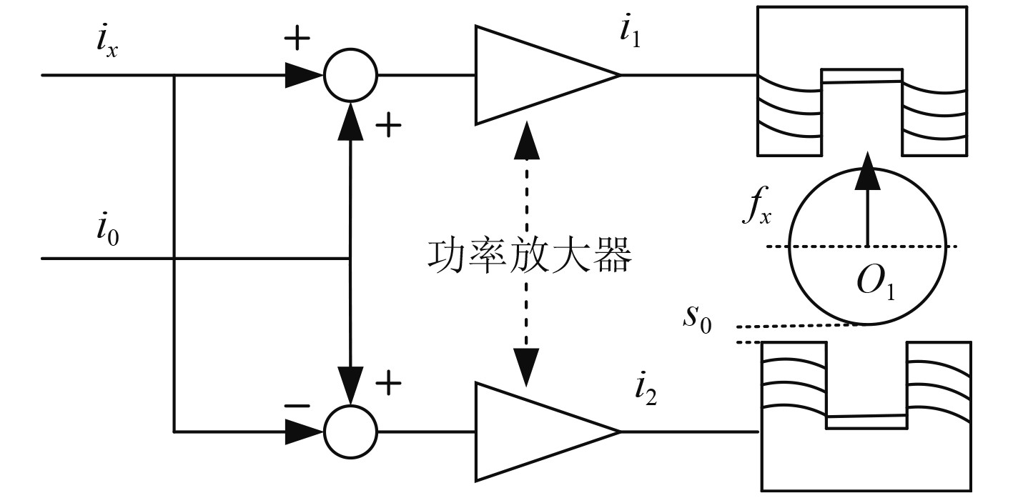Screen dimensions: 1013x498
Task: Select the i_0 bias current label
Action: point(108,229)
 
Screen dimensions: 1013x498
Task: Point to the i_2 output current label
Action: point(646,391)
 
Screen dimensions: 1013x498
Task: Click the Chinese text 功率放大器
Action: point(529,257)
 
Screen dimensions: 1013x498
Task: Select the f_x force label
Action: point(756,206)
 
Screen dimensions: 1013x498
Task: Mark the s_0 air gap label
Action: point(697,319)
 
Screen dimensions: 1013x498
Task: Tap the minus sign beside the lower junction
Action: point(297,406)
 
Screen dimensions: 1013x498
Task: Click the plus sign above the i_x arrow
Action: point(297,37)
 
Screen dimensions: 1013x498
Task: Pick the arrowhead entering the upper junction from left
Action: point(304,75)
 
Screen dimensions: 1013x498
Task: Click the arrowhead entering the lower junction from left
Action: point(304,432)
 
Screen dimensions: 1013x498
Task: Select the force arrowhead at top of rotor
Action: point(867,171)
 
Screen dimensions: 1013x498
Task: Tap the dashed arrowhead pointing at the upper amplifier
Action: point(526,140)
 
